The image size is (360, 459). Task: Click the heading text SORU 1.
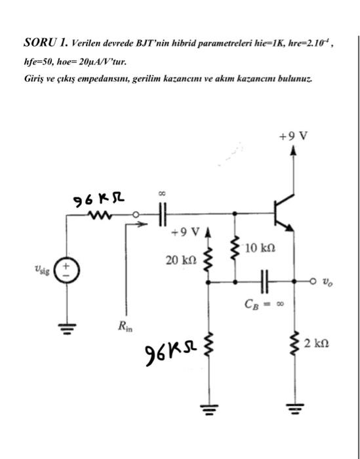point(45,44)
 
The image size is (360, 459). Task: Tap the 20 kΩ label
point(179,260)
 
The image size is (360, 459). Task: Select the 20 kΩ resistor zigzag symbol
point(209,260)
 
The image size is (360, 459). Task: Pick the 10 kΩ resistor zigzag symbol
point(234,247)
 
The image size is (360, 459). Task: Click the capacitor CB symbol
point(264,281)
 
